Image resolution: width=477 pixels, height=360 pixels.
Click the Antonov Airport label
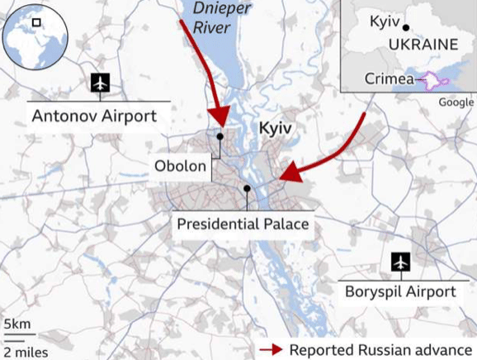(93, 116)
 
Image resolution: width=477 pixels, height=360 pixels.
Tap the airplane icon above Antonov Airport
(100, 83)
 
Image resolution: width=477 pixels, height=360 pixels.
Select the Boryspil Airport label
(400, 291)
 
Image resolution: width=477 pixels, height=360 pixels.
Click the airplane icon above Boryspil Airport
(401, 262)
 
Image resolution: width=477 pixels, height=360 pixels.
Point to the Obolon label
(180, 166)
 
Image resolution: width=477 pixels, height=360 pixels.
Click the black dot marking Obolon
(220, 136)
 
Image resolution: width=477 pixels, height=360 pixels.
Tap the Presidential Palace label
(243, 224)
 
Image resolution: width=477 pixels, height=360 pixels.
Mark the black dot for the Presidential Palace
(247, 189)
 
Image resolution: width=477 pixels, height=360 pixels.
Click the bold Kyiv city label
(276, 129)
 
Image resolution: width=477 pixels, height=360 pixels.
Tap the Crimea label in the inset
(390, 80)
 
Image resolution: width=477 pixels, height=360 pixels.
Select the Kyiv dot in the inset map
(406, 27)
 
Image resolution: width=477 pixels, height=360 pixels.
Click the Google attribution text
(456, 102)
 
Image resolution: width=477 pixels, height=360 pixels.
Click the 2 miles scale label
(25, 352)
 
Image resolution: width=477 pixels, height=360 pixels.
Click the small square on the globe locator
(36, 23)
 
